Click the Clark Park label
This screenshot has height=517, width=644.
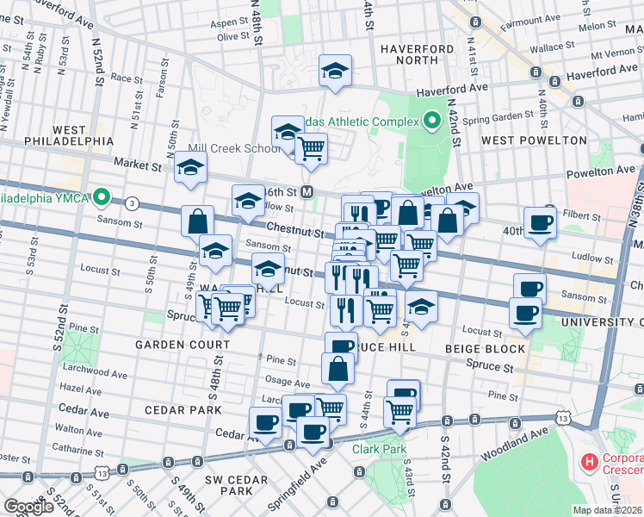click(377, 449)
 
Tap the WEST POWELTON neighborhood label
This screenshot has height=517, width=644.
click(534, 140)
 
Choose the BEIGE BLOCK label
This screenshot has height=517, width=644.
click(486, 349)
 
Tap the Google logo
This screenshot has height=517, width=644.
click(28, 507)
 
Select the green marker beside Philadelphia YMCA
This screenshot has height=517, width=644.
click(102, 198)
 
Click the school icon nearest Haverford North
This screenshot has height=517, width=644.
click(335, 72)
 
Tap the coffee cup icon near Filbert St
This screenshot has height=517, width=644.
click(540, 222)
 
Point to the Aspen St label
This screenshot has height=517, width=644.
click(229, 22)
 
